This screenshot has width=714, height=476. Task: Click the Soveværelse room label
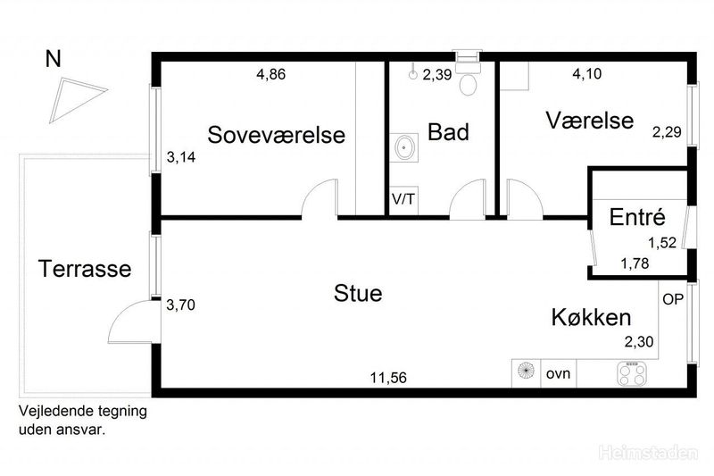(276, 135)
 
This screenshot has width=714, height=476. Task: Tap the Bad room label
(448, 132)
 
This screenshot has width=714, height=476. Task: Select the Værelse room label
(590, 121)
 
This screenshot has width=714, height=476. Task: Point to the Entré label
(635, 216)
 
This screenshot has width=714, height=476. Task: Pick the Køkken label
(591, 317)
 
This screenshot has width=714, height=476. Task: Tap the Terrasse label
(85, 268)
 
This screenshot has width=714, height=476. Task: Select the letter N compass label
(54, 59)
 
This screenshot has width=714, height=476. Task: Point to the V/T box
(403, 199)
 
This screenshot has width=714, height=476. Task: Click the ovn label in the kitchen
(558, 373)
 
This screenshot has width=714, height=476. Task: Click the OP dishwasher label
(672, 299)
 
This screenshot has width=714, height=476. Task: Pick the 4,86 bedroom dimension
(270, 75)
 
